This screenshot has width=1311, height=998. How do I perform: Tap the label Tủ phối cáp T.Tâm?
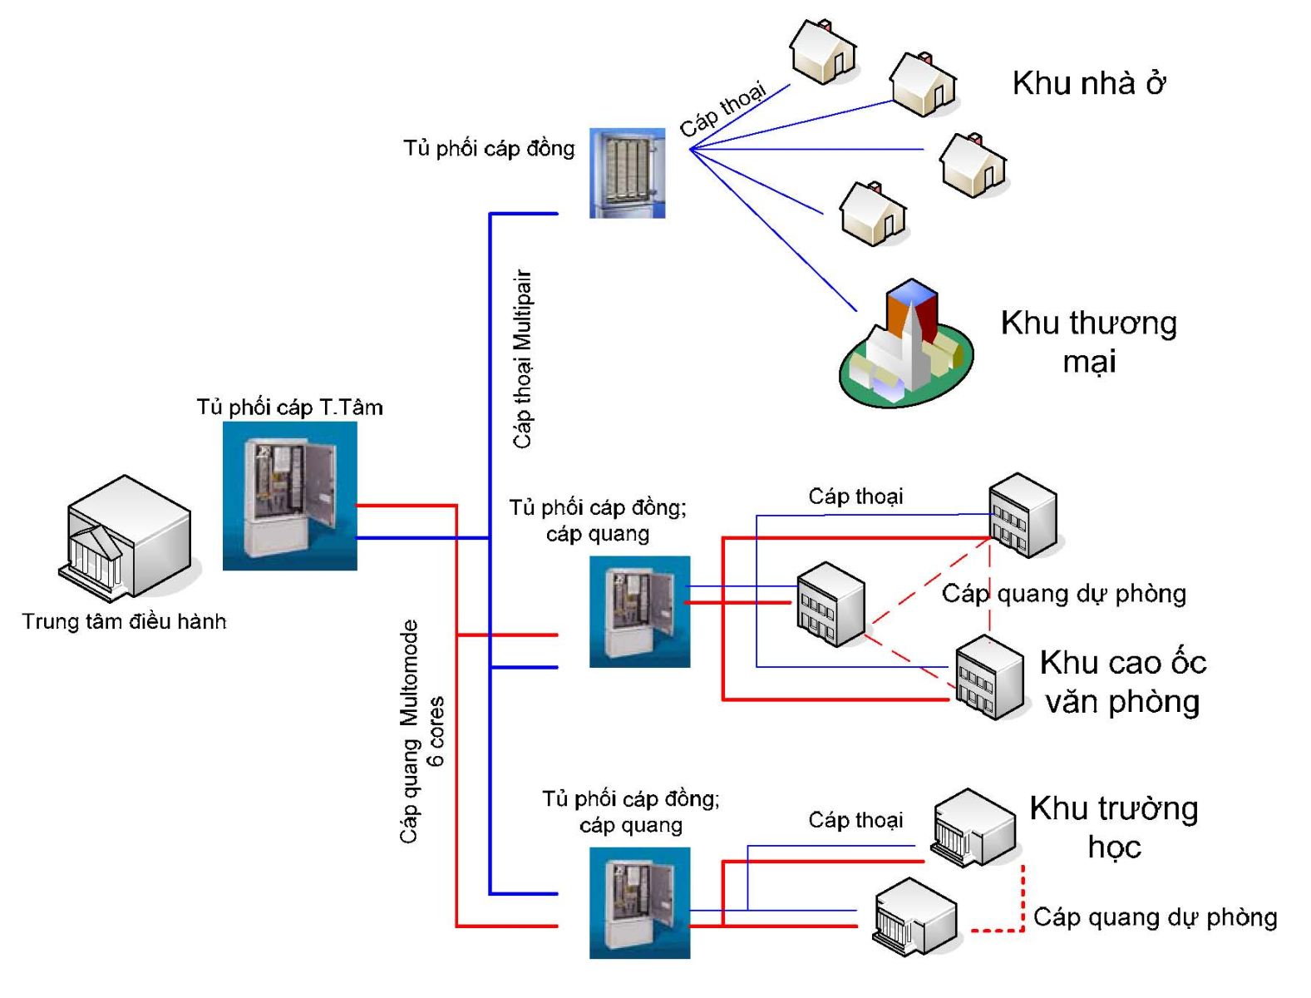[x=289, y=408]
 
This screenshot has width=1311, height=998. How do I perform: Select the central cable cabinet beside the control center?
[x=289, y=496]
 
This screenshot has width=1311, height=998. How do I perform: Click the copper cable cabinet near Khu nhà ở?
[x=627, y=173]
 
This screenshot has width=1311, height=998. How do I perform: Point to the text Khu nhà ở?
[x=1088, y=83]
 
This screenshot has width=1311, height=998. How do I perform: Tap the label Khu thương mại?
[x=1088, y=342]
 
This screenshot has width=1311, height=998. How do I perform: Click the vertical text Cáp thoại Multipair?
[x=522, y=359]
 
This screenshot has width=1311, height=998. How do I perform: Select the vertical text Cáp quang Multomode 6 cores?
[x=421, y=732]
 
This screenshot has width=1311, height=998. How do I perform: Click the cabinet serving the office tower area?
[x=639, y=611]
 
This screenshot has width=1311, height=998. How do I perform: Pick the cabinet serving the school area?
[x=639, y=903]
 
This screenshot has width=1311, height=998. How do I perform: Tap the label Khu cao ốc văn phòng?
[x=1123, y=681]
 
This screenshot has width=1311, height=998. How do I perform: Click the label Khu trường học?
[x=1114, y=828]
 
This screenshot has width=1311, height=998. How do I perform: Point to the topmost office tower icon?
[x=1023, y=516]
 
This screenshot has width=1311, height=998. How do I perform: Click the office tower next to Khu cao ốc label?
[x=989, y=678]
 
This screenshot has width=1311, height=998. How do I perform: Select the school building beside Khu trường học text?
[x=973, y=828]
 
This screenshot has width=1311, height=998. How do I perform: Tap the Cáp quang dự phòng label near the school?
[x=1155, y=917]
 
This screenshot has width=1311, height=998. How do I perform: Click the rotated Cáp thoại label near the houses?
[x=723, y=109]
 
